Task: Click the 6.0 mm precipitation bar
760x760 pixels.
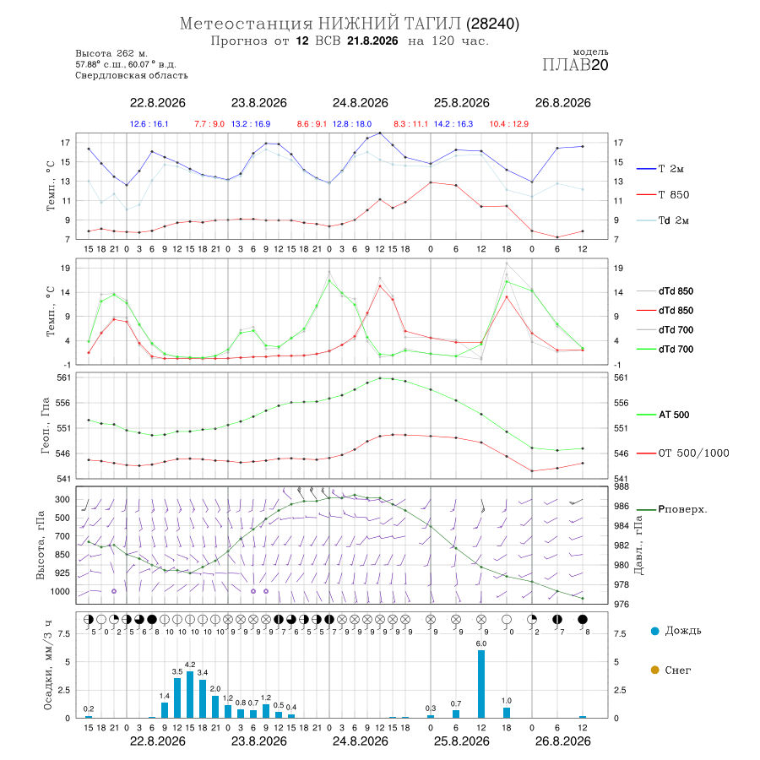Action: point(481,683)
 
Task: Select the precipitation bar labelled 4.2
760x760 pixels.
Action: point(190,694)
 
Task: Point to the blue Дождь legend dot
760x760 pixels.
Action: point(654,631)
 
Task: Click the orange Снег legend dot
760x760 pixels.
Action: point(654,670)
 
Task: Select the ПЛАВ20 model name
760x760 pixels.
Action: point(575,65)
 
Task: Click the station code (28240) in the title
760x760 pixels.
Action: point(492,24)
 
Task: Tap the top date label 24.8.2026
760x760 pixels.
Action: point(360,103)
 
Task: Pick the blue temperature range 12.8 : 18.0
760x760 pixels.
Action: point(352,124)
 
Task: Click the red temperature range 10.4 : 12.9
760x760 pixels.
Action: point(509,124)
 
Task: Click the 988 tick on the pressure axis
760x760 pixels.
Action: point(622,486)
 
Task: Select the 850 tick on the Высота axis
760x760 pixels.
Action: point(62,555)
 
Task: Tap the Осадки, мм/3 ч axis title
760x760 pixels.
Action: point(47,665)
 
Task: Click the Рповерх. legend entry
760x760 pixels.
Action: point(671,509)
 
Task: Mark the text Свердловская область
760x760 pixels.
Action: point(132,76)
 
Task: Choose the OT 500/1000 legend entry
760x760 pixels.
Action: point(682,453)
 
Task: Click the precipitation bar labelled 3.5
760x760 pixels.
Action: point(177,698)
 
